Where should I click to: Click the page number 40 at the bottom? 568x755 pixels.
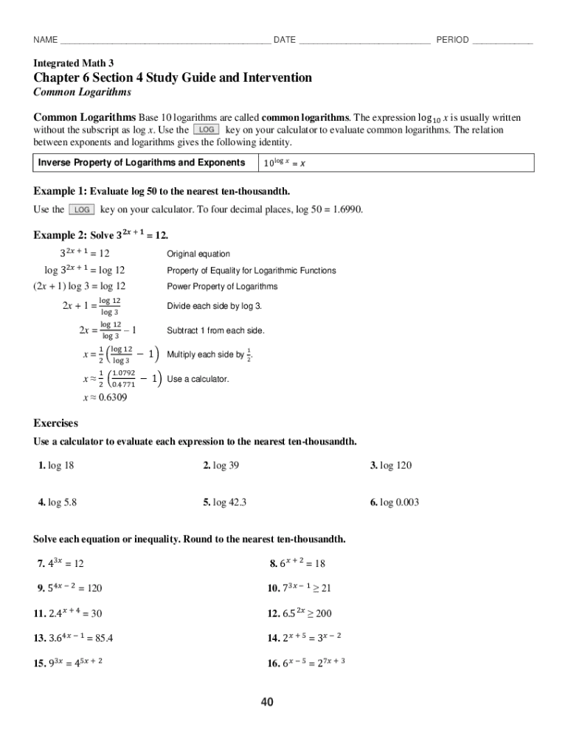tap(266, 702)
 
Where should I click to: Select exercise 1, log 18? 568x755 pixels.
tap(56, 465)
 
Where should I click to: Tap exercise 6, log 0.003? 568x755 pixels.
tap(395, 502)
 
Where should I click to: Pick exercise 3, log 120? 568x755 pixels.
tap(391, 465)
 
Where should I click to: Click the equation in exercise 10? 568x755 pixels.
tap(305, 588)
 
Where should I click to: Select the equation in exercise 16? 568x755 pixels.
tap(311, 662)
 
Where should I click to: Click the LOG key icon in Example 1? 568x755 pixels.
tap(81, 209)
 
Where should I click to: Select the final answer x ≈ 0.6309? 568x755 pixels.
tap(105, 398)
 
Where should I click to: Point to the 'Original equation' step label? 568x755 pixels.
tap(198, 254)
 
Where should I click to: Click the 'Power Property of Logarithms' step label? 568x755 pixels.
tap(222, 287)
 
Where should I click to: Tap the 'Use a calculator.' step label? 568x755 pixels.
tap(198, 379)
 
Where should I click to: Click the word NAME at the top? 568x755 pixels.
tap(45, 40)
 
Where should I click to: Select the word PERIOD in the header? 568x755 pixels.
tap(452, 40)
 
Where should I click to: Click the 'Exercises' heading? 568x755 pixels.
tap(56, 423)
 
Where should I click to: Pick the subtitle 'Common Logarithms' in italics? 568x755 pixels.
tap(83, 92)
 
